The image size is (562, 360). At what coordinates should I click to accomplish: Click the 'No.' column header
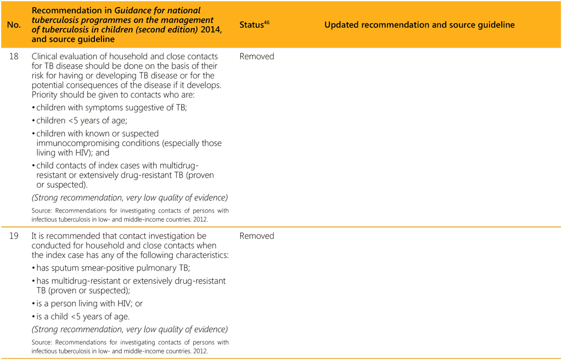coord(14,25)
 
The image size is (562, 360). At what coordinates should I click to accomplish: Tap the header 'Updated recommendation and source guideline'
coord(419,25)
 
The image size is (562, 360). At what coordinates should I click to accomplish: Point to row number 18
coord(14,57)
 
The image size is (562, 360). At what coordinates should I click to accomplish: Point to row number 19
coord(14,236)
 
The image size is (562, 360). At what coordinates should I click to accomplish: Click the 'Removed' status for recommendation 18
coord(256,57)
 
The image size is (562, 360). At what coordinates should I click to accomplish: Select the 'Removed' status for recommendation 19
coord(256,236)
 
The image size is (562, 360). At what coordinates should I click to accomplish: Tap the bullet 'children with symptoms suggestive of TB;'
coord(111,108)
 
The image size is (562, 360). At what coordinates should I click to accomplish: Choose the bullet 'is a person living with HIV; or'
coord(89,303)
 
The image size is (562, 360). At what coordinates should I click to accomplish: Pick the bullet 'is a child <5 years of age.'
coord(83,317)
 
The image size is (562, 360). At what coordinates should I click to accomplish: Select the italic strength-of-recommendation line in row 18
coord(130,198)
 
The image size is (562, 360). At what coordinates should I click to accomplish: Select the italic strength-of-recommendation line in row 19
coord(130,330)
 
